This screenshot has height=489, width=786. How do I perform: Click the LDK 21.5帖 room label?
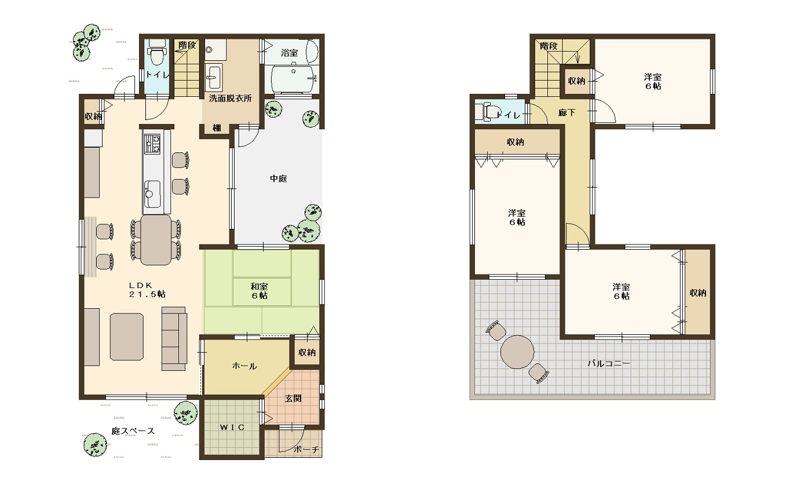coord(147,290)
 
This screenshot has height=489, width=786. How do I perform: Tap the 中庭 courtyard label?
coord(279,178)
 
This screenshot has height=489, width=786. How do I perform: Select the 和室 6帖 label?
coord(259,291)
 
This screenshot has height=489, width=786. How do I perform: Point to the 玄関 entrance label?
coord(293,399)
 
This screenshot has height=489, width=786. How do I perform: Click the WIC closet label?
coord(232,427)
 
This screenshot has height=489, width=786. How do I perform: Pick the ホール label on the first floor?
coord(244,366)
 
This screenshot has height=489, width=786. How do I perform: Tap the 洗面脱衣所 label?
coord(231,98)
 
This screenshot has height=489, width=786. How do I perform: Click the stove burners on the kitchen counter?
coord(152,144)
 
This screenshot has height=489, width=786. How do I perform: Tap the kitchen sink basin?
coord(152,194)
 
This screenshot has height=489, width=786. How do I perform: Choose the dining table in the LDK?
coord(156,239)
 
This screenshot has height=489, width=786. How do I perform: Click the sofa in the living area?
coord(174,338)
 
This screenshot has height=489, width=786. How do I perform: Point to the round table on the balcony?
coord(517,352)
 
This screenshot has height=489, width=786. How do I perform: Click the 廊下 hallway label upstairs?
coord(567,112)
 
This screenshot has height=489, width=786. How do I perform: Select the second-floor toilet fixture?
coord(489,112)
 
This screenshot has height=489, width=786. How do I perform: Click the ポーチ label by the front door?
coord(306,450)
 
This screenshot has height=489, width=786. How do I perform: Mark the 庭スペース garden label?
coord(133,430)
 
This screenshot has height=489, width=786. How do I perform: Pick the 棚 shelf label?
coord(217,128)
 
